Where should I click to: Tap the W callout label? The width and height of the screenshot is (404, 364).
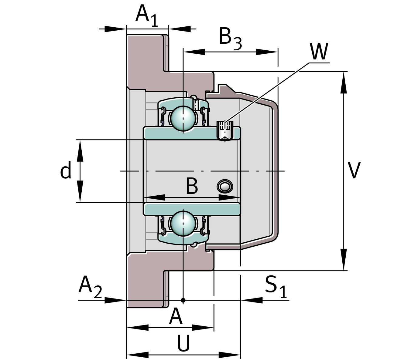click(319, 52)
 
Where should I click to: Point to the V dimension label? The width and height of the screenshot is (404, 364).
click(354, 170)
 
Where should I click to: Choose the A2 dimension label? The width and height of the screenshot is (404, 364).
click(90, 286)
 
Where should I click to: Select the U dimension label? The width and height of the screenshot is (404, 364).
click(183, 343)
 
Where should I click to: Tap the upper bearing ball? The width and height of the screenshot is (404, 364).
click(183, 118)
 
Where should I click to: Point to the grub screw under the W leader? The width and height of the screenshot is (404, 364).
click(225, 130)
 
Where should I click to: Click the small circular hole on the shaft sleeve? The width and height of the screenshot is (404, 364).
click(225, 186)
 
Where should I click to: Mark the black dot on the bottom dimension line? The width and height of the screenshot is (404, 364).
click(183, 300)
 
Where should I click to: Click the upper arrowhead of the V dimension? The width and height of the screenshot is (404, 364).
click(344, 83)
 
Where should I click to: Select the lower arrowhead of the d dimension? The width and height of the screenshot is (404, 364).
click(80, 191)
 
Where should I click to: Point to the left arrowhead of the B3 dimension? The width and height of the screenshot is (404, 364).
click(194, 52)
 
